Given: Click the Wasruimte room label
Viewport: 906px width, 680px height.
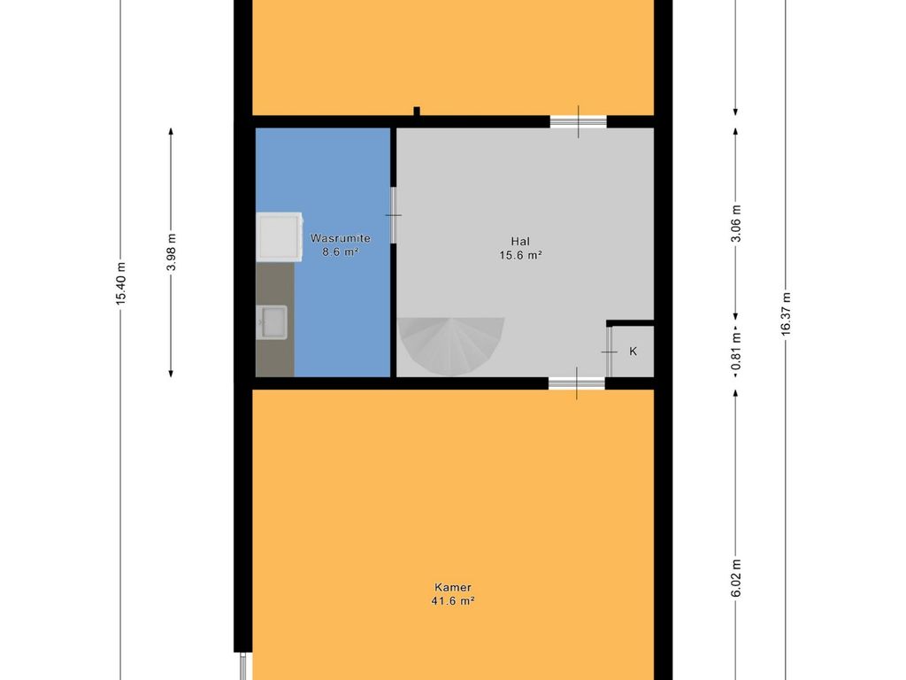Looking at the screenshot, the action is point(341,238).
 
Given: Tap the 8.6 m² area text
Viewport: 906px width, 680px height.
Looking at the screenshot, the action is point(341,252).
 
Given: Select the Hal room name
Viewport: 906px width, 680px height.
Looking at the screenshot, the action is point(520,241).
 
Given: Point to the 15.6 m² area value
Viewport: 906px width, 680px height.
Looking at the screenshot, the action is point(520,255).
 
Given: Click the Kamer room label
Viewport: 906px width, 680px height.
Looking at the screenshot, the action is point(453,587).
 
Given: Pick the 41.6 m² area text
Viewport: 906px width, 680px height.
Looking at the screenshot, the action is point(453,601).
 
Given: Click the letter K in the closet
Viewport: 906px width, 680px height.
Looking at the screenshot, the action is point(633,351).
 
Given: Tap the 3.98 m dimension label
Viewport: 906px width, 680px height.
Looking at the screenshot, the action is point(171,252).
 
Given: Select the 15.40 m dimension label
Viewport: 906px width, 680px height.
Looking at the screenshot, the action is point(120,283).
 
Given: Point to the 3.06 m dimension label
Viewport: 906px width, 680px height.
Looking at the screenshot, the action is point(735,224).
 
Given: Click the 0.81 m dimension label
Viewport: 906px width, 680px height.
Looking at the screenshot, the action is point(735,351).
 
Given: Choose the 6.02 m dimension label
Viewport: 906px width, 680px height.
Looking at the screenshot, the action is point(735,578).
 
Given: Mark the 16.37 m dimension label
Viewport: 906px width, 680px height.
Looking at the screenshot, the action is point(786,314).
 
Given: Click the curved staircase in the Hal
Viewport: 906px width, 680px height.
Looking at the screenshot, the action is point(450,345).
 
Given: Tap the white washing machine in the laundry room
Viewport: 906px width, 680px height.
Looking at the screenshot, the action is point(280,236).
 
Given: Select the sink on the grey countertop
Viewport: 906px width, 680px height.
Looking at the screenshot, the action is point(273,322).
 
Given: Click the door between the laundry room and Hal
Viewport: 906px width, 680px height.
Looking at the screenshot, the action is point(394,215).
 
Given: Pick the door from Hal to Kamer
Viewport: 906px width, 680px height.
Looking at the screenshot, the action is point(577,382).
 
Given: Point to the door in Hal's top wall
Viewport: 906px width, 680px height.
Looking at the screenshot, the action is point(579,122).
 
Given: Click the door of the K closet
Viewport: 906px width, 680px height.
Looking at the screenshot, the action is point(609,352).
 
